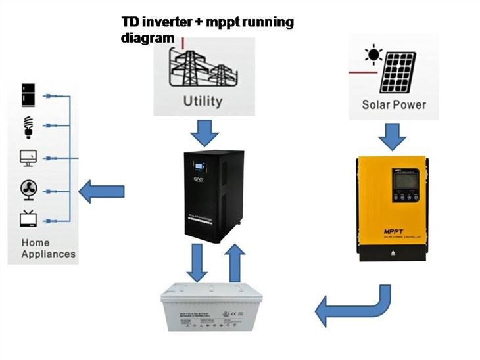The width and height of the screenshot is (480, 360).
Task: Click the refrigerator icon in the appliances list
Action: (28, 95)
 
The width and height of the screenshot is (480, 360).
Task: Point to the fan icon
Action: (28, 191)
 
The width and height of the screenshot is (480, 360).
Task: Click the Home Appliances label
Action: (48, 248)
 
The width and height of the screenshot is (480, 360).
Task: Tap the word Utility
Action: (203, 101)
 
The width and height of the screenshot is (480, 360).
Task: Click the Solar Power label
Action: (394, 104)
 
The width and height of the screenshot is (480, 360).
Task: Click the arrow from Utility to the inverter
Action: (202, 133)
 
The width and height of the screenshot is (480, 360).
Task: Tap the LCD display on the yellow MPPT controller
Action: (402, 178)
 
